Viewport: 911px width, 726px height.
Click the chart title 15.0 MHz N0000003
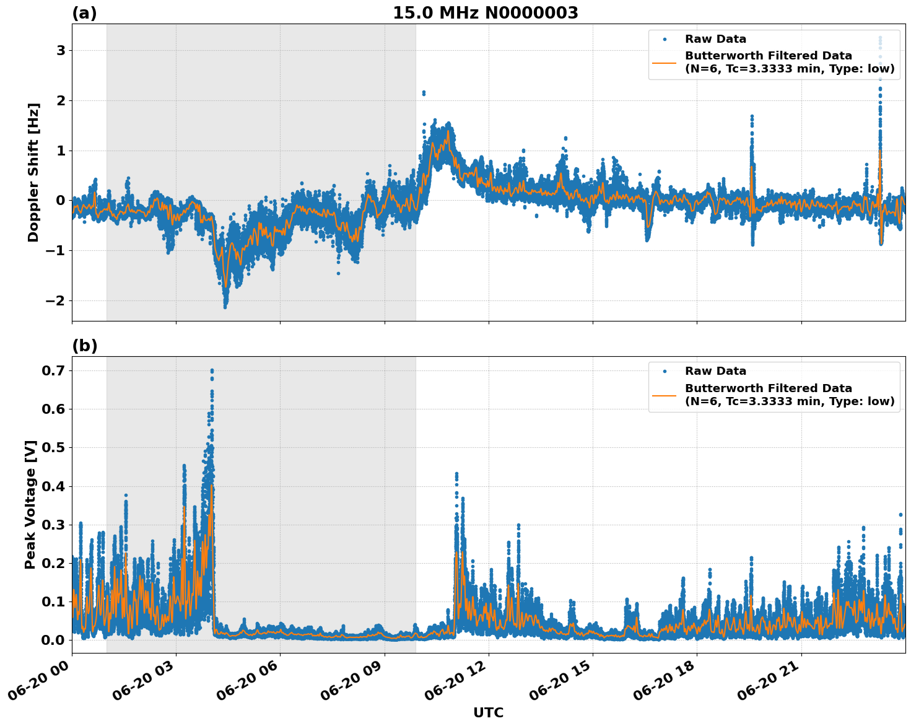pyautogui.click(x=485, y=13)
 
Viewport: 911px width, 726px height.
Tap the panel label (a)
pyautogui.click(x=84, y=13)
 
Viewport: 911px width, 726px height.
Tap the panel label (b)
pyautogui.click(x=85, y=346)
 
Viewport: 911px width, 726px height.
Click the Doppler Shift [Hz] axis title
pyautogui.click(x=33, y=172)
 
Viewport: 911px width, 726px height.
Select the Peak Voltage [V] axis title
pyautogui.click(x=30, y=504)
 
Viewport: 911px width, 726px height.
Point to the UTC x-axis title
pyautogui.click(x=488, y=712)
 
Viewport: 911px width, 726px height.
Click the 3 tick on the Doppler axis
pyautogui.click(x=61, y=50)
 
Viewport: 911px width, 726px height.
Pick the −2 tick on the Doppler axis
pyautogui.click(x=56, y=300)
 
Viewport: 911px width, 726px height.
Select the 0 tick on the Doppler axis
pyautogui.click(x=61, y=200)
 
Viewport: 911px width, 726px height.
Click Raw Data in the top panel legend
pyautogui.click(x=715, y=39)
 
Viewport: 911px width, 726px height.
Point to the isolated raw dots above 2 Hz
pyautogui.click(x=424, y=93)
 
